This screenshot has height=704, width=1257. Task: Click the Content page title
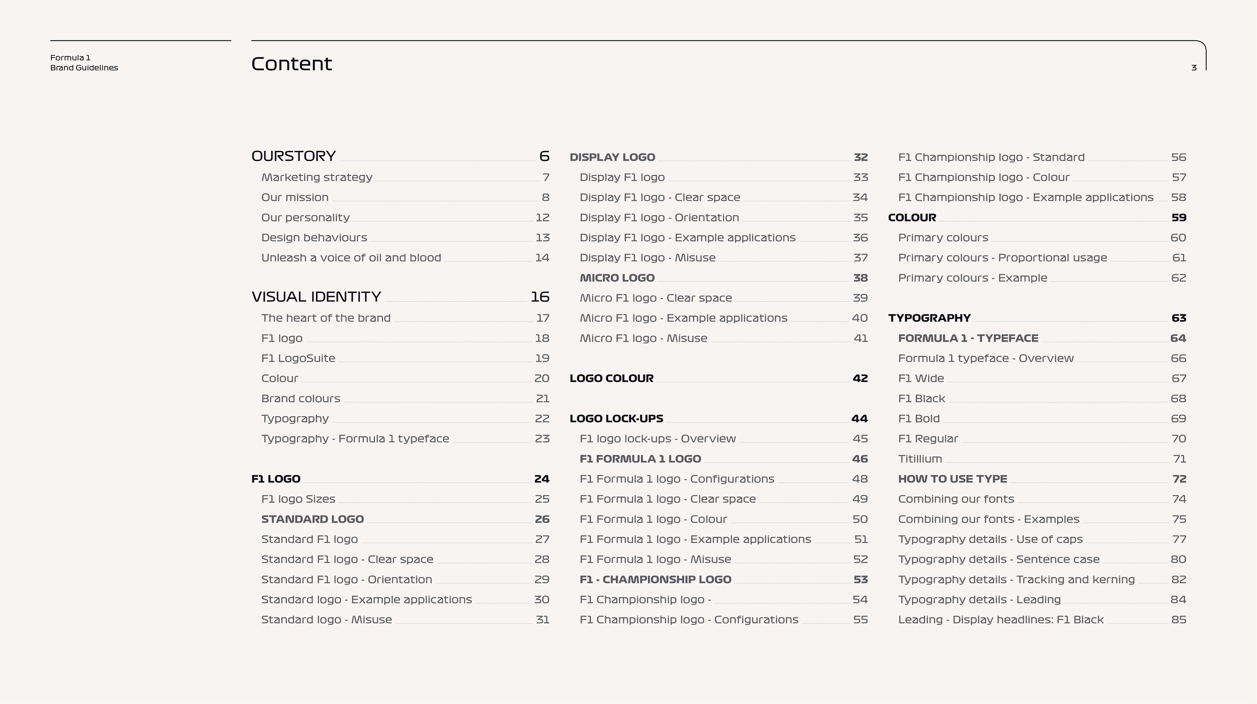(291, 64)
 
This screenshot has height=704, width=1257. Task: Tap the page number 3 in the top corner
(1193, 68)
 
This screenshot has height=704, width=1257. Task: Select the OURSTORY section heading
(293, 156)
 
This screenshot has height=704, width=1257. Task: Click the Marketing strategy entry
(317, 177)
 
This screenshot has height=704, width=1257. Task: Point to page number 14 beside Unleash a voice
(542, 258)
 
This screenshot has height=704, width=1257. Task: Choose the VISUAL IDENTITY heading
(316, 297)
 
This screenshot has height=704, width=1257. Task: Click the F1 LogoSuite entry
(298, 358)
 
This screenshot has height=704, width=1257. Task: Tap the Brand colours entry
(301, 399)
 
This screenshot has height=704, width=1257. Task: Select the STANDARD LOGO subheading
(312, 519)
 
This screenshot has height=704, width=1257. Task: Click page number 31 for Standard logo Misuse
(543, 620)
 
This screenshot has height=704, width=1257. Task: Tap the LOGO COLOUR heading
(611, 378)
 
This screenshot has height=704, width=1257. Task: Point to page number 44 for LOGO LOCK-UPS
(859, 419)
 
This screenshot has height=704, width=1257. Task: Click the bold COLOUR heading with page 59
(912, 218)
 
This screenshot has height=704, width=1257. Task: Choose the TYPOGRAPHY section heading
(929, 318)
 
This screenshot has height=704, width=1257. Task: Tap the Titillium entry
(920, 459)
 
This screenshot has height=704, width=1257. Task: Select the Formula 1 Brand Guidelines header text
(84, 63)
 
